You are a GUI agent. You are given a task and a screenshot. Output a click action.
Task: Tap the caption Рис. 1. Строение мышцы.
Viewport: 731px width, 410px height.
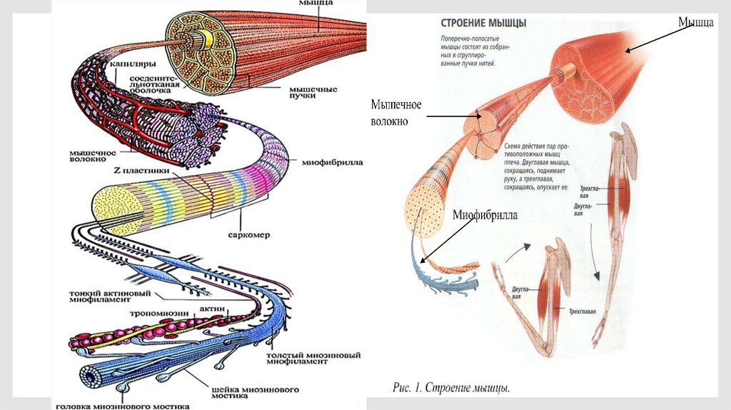click(451, 389)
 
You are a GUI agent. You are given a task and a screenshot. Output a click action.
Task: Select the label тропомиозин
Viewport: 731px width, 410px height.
click(157, 314)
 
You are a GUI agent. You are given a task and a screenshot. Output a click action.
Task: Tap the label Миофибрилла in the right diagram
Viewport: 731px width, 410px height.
click(485, 214)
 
